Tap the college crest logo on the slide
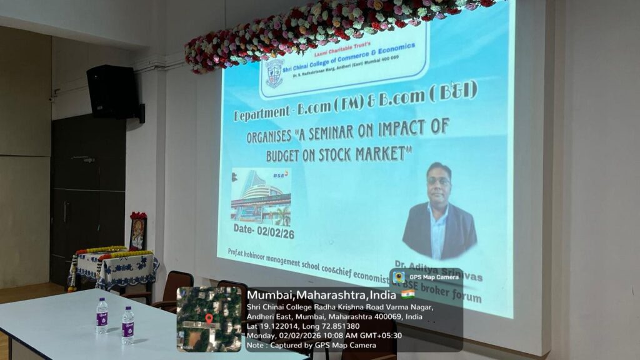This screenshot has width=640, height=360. click(x=274, y=72)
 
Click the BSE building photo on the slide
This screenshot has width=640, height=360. click(x=261, y=196)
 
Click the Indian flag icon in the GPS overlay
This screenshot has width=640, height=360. click(x=407, y=294)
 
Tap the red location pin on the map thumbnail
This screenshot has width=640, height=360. click(x=209, y=319)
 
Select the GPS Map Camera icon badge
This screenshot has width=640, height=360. click(x=399, y=277)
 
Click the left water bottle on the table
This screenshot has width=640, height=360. click(x=102, y=315)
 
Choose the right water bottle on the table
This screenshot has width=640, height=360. click(x=127, y=324)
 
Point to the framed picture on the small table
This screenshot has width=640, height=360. click(x=137, y=232)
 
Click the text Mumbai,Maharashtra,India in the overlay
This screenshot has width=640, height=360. click(x=322, y=294)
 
